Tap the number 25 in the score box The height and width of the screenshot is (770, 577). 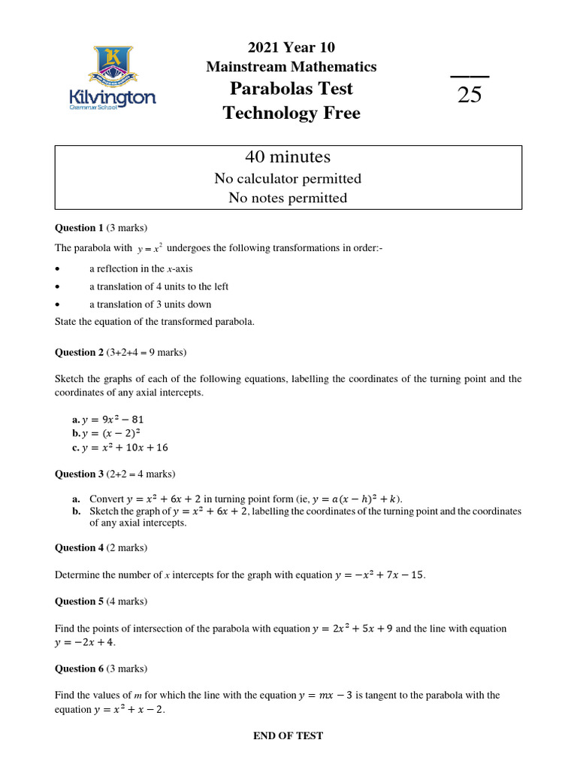point(470,95)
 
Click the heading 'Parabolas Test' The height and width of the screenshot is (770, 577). point(292,89)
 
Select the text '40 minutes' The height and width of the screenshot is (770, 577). point(288,157)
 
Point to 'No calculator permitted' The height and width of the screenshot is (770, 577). point(288,179)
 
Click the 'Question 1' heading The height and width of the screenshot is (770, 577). point(80,227)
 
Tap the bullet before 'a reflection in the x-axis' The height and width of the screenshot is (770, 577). point(59,268)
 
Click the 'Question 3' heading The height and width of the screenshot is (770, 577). point(80,474)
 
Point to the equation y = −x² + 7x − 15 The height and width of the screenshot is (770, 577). point(379,575)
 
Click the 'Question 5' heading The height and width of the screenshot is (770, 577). point(80,602)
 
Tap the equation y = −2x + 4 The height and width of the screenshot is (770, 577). point(85,642)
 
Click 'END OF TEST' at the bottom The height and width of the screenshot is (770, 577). point(288,735)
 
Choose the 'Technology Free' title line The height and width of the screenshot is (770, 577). point(292,114)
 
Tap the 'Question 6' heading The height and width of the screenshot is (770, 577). point(80,668)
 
